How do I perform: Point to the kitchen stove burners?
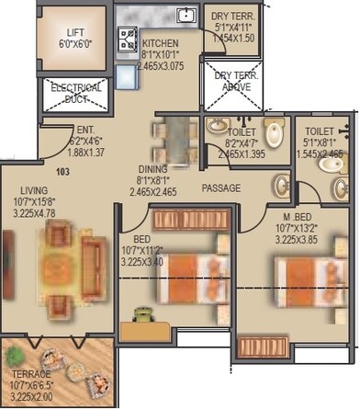127,38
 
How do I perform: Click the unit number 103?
62,172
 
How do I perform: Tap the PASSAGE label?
221,188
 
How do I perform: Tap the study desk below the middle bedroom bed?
146,316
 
